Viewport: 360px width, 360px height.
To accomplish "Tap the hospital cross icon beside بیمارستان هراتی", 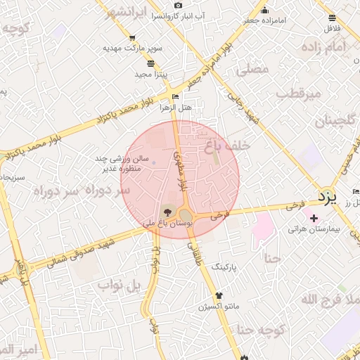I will pyautogui.click(x=314, y=219).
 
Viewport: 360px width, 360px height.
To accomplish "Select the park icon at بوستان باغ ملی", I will pyautogui.click(x=167, y=211).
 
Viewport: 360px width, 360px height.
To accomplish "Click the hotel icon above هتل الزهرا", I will pyautogui.click(x=175, y=96).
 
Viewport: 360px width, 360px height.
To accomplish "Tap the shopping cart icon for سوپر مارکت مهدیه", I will pyautogui.click(x=132, y=38).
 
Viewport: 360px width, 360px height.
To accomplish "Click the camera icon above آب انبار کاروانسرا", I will pyautogui.click(x=179, y=5).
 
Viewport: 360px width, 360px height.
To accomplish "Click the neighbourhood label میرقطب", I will pyautogui.click(x=297, y=93).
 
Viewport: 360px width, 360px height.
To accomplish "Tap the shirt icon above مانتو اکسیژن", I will pyautogui.click(x=219, y=295).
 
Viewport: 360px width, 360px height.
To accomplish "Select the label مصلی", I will pyautogui.click(x=254, y=69).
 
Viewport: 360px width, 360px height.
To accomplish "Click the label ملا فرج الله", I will pyautogui.click(x=330, y=300).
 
